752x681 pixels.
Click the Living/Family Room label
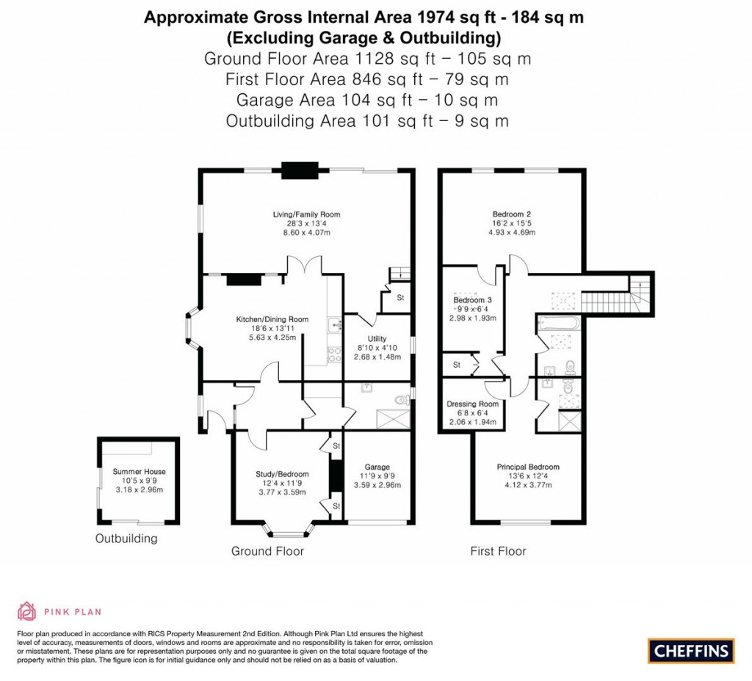pos(306,214)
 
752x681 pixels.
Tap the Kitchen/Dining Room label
pos(272,319)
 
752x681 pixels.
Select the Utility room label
pos(377,338)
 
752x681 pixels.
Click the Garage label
pos(377,467)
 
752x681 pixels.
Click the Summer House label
pos(139,472)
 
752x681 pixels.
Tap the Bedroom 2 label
pos(513,214)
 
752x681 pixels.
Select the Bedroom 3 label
pos(472,300)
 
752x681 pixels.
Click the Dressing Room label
pos(472,404)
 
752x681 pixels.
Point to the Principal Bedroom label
pos(528,467)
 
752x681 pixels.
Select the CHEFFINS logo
pos(690,650)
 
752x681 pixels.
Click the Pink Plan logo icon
pos(26,611)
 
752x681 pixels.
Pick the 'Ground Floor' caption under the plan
pos(267,551)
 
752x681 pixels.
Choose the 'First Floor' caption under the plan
pos(498,551)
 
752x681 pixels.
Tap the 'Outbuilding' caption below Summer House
pos(126,539)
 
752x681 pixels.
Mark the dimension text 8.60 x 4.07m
pos(306,233)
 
